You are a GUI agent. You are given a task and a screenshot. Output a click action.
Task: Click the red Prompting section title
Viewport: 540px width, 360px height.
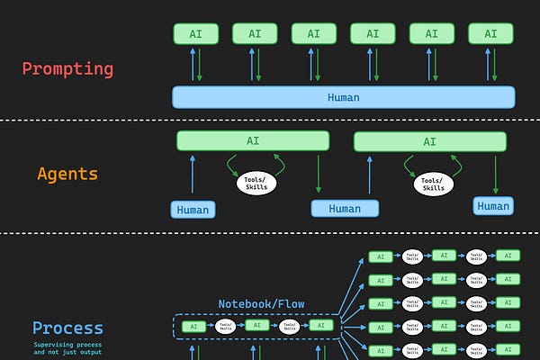pyautogui.click(x=67, y=68)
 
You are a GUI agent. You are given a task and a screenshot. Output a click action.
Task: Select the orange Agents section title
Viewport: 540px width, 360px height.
pyautogui.click(x=67, y=174)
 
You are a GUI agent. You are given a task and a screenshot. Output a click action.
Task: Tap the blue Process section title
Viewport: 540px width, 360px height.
pyautogui.click(x=67, y=328)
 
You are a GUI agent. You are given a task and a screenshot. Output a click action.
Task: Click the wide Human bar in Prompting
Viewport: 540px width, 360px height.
pyautogui.click(x=343, y=97)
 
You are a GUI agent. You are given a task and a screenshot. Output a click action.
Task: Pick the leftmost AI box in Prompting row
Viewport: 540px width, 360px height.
pyautogui.click(x=195, y=34)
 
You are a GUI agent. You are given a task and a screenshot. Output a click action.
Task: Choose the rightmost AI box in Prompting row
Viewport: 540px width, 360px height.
pyautogui.click(x=490, y=34)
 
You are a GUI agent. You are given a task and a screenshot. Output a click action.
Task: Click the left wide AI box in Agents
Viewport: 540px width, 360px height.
pyautogui.click(x=253, y=140)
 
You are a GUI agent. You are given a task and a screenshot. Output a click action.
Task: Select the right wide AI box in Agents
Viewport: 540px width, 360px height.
pyautogui.click(x=429, y=141)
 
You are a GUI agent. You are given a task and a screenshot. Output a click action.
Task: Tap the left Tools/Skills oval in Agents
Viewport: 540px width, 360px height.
pyautogui.click(x=256, y=183)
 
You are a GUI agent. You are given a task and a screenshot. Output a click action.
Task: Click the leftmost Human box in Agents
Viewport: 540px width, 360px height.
pyautogui.click(x=193, y=210)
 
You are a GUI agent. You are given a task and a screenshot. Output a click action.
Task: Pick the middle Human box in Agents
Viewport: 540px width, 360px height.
pyautogui.click(x=345, y=208)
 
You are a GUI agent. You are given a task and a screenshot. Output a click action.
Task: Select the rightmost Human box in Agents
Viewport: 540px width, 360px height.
pyautogui.click(x=493, y=205)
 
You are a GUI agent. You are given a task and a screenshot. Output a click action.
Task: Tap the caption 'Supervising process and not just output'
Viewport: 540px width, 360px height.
pyautogui.click(x=67, y=348)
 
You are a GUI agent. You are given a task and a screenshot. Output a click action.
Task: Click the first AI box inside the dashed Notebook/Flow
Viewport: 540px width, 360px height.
pyautogui.click(x=193, y=325)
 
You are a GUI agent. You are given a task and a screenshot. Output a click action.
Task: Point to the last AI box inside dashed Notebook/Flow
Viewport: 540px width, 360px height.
pyautogui.click(x=320, y=325)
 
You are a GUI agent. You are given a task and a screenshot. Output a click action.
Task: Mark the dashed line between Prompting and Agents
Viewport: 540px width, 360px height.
pyautogui.click(x=270, y=120)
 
